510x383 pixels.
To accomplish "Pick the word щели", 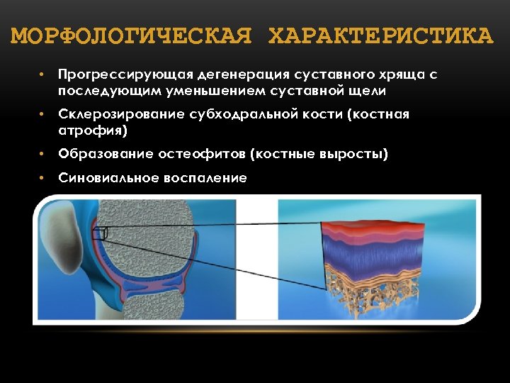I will point(368,90).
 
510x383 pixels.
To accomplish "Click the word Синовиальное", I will point(99,178).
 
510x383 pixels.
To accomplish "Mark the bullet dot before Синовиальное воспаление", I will point(42,177).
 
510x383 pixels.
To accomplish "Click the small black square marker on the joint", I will point(103,233).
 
